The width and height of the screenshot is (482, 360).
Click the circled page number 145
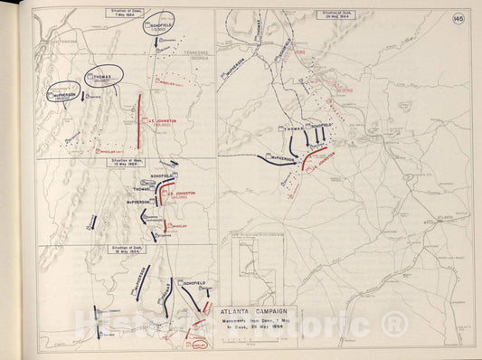click(460, 19)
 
